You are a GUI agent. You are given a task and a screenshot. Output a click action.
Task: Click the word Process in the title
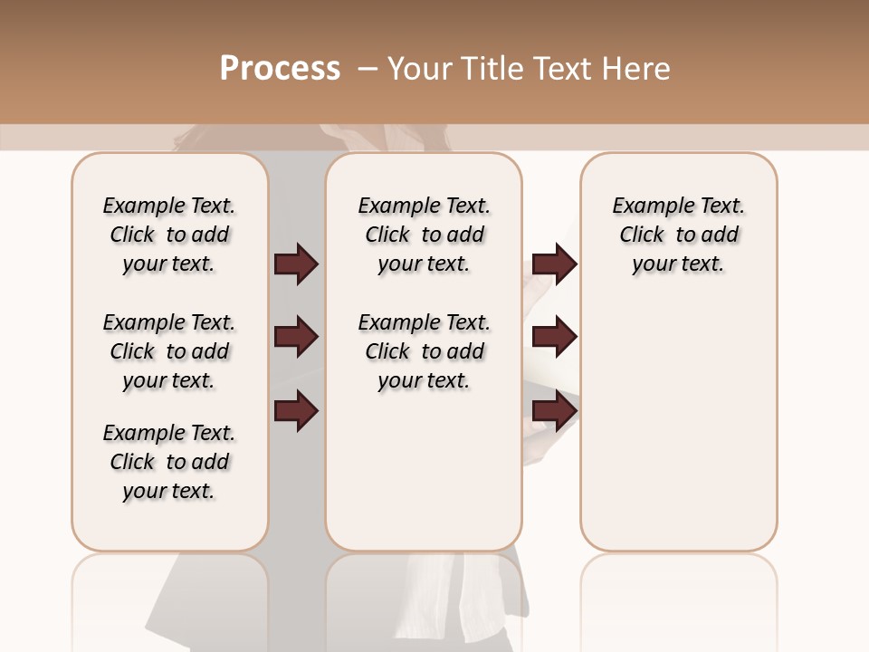point(280,69)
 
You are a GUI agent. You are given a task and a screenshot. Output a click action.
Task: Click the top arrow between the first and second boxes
point(296,264)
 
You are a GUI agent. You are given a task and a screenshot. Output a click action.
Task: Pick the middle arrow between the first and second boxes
point(296,338)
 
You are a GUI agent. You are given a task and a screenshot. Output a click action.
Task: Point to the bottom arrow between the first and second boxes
point(296,411)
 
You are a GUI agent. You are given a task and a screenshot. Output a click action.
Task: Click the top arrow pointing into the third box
point(554,264)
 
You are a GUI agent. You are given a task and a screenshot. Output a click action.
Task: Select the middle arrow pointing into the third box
point(554,338)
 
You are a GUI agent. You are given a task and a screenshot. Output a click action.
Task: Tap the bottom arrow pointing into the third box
point(554,411)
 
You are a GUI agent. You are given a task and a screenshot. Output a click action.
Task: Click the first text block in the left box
point(169,235)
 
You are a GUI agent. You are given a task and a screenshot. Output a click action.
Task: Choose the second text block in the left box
point(169,351)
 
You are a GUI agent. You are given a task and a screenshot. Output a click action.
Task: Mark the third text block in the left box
point(169,462)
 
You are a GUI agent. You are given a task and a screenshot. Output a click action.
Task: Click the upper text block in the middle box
point(425,235)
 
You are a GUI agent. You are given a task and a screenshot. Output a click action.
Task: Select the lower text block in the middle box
point(425,351)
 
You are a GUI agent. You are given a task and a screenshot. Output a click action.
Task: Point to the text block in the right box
point(679,235)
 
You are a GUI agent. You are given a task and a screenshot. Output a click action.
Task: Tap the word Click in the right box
point(642,235)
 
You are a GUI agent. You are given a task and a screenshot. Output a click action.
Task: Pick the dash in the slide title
point(368,69)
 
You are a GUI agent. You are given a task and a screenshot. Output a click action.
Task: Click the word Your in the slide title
point(418,69)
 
